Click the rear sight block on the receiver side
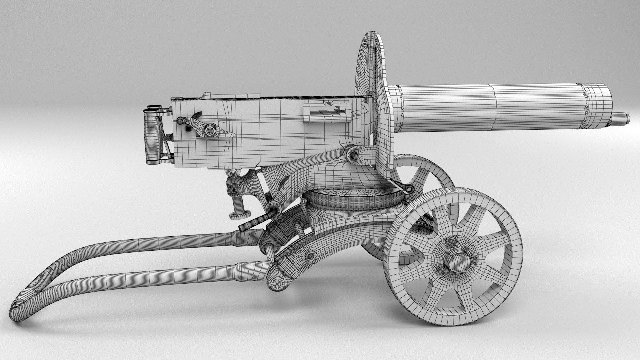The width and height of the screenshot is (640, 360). tap(327, 112)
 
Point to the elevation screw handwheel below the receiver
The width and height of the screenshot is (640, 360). tap(238, 215)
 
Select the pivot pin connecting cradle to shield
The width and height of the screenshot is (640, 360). tap(353, 155)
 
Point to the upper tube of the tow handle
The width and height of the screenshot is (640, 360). tap(150, 245)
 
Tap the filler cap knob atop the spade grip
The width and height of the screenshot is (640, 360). tap(153, 107)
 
